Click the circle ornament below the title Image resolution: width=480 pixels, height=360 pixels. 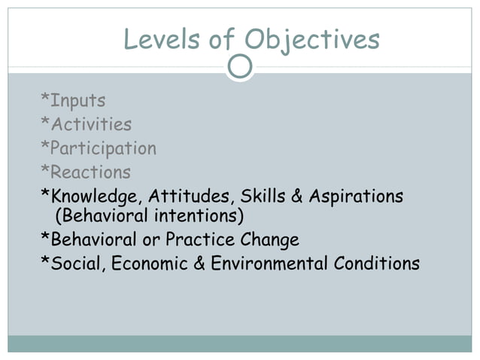[240, 67]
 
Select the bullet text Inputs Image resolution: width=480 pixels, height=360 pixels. [78, 100]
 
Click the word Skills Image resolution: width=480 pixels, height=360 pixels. [263, 197]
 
